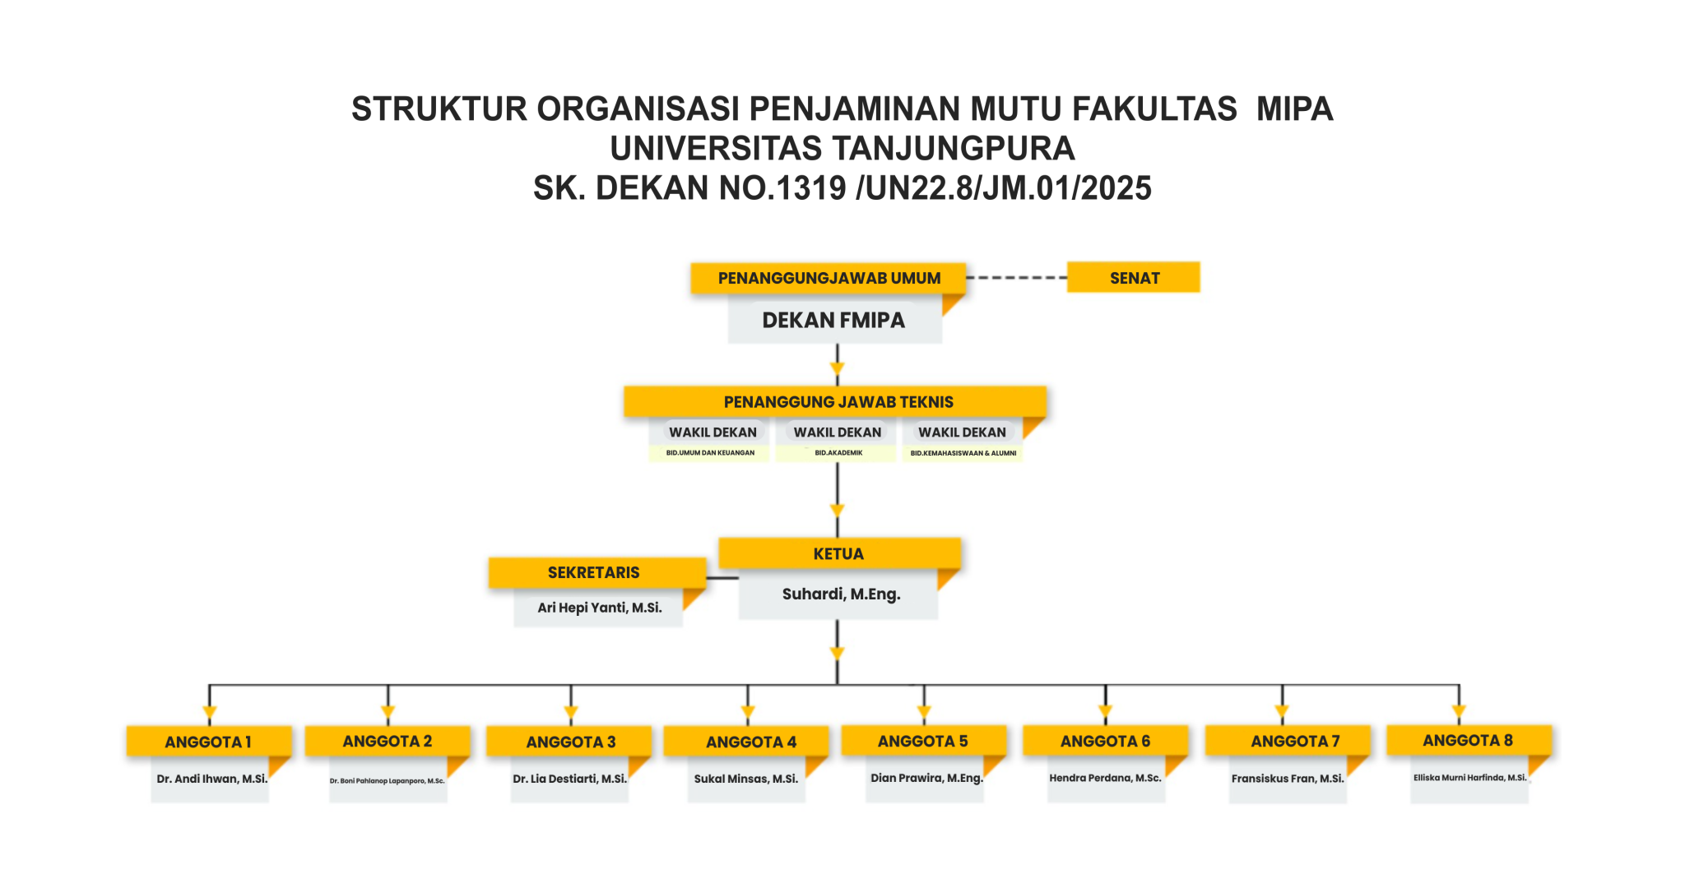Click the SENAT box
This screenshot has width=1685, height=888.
[1133, 278]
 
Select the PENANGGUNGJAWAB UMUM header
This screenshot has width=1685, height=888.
[829, 278]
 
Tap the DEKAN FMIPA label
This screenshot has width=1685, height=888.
[833, 321]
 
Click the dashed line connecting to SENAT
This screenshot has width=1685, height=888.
[1016, 278]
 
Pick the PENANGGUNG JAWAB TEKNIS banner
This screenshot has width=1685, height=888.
[838, 402]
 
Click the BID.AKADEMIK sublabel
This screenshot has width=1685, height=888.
[838, 453]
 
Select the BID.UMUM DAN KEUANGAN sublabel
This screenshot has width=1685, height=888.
[710, 453]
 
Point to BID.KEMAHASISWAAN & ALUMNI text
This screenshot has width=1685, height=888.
[963, 453]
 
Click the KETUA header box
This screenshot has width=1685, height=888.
[838, 554]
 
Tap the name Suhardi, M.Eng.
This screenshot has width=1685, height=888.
[841, 594]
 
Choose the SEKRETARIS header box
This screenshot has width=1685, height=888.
[594, 572]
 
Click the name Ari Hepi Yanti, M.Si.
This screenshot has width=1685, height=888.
[600, 608]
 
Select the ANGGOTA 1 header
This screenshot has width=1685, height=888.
[207, 742]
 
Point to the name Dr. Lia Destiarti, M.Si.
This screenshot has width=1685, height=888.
[569, 779]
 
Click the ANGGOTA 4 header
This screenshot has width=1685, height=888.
[750, 742]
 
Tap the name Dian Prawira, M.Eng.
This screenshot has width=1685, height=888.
[926, 778]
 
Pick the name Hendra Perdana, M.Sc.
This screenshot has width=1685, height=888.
[1105, 778]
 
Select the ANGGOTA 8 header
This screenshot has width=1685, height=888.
[1468, 740]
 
